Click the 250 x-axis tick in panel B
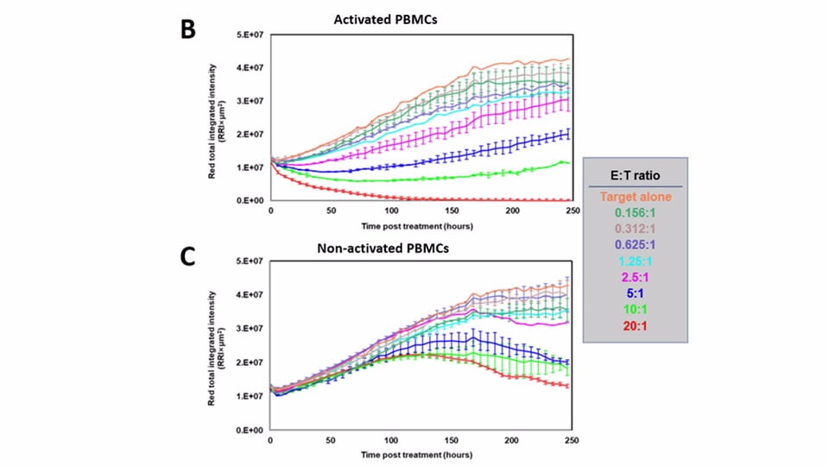571,211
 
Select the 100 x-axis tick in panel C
391,440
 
